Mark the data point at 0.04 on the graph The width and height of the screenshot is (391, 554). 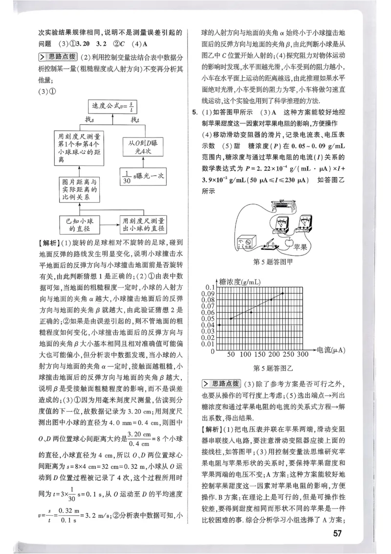pyautogui.click(x=220, y=325)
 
